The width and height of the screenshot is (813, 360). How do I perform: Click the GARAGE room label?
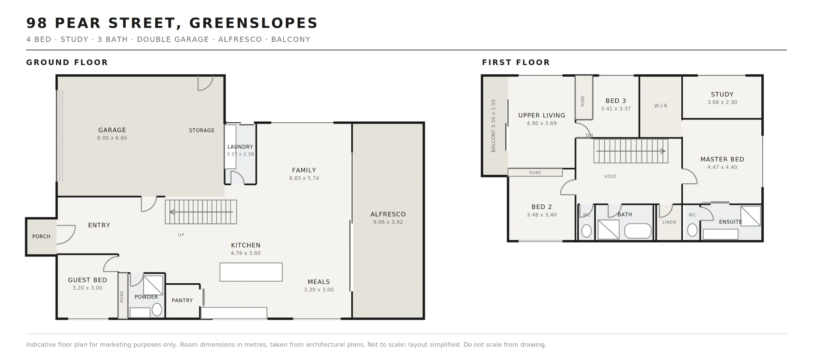click(112, 130)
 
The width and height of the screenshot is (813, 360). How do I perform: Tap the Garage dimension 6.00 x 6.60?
click(112, 138)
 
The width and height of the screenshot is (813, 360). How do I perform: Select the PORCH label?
click(41, 236)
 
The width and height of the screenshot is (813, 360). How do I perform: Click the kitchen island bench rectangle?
click(251, 272)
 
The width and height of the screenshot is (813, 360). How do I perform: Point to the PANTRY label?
click(182, 301)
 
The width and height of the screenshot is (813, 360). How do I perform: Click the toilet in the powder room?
click(157, 310)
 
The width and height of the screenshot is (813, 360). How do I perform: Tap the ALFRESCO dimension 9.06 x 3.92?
click(388, 222)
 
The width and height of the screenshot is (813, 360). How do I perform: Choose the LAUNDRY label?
click(240, 147)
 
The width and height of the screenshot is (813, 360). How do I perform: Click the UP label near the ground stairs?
click(181, 235)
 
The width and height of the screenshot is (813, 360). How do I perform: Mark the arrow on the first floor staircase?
click(630, 151)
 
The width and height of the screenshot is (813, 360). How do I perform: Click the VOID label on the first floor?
click(610, 177)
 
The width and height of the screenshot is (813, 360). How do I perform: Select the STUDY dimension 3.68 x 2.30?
click(722, 102)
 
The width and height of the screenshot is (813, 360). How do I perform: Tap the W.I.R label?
click(661, 106)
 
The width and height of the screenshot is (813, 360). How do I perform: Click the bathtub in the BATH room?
click(638, 231)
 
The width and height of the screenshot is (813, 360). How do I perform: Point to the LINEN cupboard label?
click(669, 222)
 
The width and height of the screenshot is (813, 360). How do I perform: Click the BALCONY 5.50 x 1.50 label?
click(493, 126)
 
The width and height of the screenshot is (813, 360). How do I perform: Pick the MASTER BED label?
click(722, 160)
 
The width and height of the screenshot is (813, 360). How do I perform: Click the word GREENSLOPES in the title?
click(253, 23)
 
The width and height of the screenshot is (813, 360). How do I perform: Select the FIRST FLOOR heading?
click(516, 63)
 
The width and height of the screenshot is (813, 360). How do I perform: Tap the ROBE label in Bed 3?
click(583, 101)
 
